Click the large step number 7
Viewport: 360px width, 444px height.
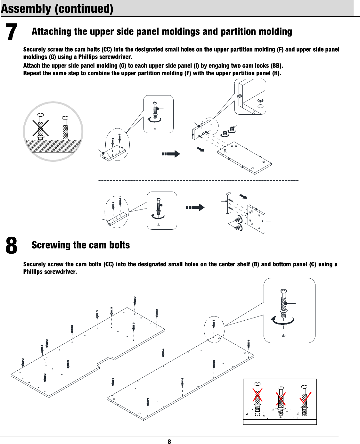[x=12, y=32]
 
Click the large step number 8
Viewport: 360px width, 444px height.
[x=12, y=246]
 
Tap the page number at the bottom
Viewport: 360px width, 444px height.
[x=169, y=441]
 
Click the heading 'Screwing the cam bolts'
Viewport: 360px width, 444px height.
[x=81, y=245]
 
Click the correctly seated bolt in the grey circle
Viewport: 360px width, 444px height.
[x=65, y=128]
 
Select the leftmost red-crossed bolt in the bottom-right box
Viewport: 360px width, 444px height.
[x=258, y=397]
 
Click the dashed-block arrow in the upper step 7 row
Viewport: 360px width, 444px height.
[x=171, y=154]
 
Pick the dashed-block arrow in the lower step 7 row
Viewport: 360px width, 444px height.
[x=195, y=207]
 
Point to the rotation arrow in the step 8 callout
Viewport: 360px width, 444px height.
[x=282, y=321]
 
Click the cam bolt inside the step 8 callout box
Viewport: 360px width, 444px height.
[x=284, y=303]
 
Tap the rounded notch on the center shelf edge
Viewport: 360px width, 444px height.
[x=106, y=361]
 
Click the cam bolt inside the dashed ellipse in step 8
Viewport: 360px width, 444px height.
[x=214, y=325]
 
